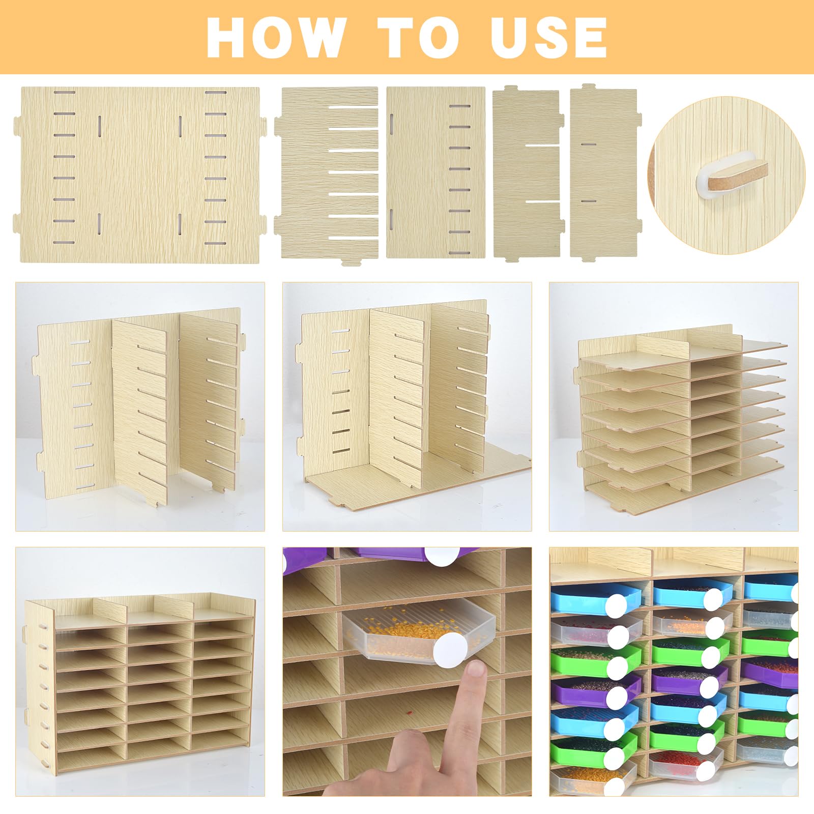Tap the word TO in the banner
click(421, 38)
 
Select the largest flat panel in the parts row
click(140, 175)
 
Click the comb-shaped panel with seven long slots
click(327, 174)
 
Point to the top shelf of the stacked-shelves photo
click(682, 356)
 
